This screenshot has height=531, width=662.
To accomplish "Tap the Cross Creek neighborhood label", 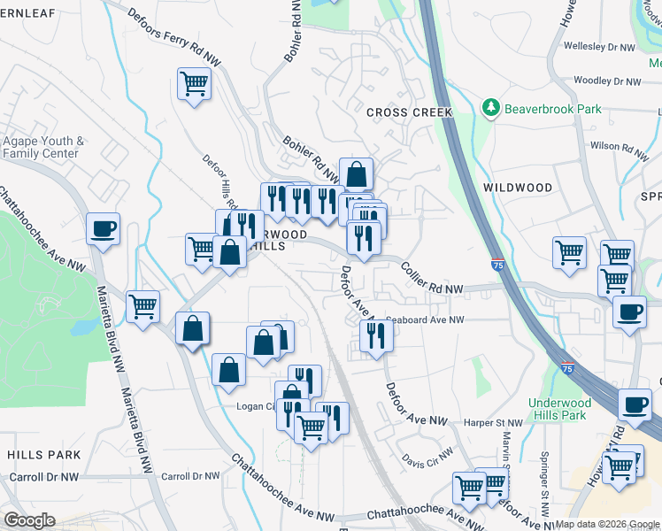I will (409, 112).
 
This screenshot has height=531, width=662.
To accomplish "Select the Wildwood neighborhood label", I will (519, 188).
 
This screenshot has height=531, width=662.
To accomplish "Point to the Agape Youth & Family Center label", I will (42, 147).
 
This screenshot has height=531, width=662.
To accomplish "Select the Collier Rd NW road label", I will (431, 278).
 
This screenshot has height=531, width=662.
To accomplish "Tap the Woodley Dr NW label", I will (606, 81).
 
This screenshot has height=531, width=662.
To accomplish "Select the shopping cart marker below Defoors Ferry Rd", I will (194, 85).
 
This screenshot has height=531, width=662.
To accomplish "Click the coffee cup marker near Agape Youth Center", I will (103, 229).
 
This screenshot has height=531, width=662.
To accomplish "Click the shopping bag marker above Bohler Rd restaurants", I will (356, 173).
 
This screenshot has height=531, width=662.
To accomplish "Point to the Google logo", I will (29, 520).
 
